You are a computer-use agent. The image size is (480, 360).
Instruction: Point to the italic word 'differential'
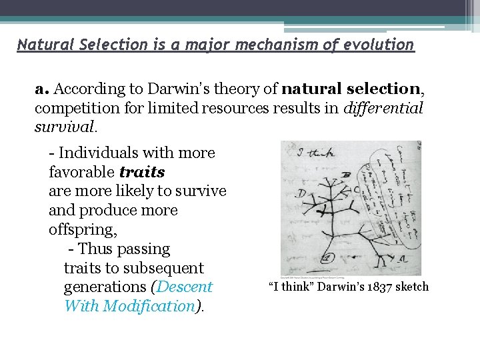click(383, 108)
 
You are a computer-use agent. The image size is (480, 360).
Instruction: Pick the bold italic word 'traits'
click(142, 172)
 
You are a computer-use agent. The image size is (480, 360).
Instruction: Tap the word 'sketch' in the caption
click(411, 287)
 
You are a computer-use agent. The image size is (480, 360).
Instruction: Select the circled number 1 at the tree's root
click(327, 257)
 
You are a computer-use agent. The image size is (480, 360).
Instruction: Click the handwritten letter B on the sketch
click(346, 176)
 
